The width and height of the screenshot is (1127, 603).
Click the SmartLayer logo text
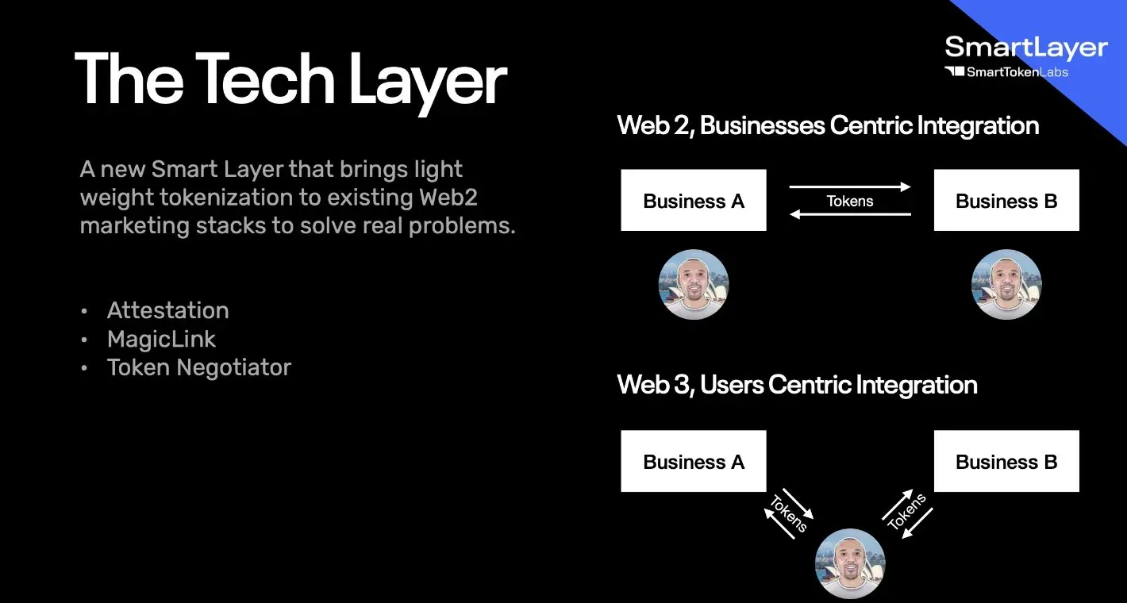1025,48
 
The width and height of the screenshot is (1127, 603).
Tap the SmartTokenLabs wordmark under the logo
1017,72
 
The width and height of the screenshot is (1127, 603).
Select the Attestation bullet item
167,310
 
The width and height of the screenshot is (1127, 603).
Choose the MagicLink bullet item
161,339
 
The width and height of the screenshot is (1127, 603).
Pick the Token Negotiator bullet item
198,367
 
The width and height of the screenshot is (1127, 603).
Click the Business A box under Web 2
694,201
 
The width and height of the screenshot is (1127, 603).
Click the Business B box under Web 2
1006,201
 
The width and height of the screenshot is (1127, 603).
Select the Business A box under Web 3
694,462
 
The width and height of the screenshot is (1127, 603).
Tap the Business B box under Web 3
1006,462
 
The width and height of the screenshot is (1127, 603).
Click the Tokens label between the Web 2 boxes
850,201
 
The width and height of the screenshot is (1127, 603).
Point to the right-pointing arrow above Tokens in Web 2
850,187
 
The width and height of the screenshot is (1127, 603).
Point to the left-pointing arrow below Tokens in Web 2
850,214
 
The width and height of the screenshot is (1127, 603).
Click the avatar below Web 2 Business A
694,285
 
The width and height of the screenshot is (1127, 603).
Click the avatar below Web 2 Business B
1006,285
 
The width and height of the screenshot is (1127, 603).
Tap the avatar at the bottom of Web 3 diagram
850,564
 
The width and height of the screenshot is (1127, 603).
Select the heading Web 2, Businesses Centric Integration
828,125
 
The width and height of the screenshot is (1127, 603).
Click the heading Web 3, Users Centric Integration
797,385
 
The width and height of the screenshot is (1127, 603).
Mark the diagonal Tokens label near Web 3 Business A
788,514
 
